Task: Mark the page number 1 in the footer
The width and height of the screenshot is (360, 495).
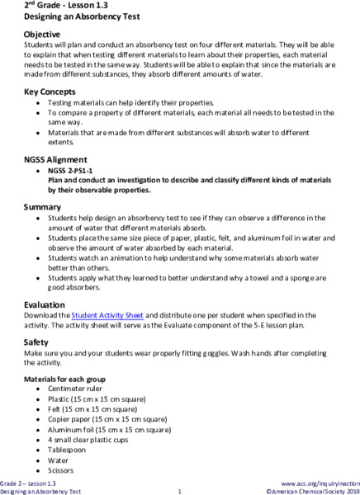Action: [x=179, y=491]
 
